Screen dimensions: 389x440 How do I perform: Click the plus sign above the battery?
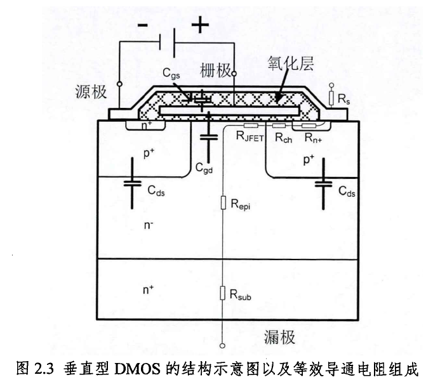200,25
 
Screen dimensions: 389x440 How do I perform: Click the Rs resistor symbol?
331,98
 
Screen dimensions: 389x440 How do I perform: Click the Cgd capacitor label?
204,169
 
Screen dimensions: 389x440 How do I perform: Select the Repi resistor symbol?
222,203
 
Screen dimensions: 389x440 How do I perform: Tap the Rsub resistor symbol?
222,293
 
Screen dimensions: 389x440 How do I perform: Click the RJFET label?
249,136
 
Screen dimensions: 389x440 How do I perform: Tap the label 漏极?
280,336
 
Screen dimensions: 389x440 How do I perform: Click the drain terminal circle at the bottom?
222,346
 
